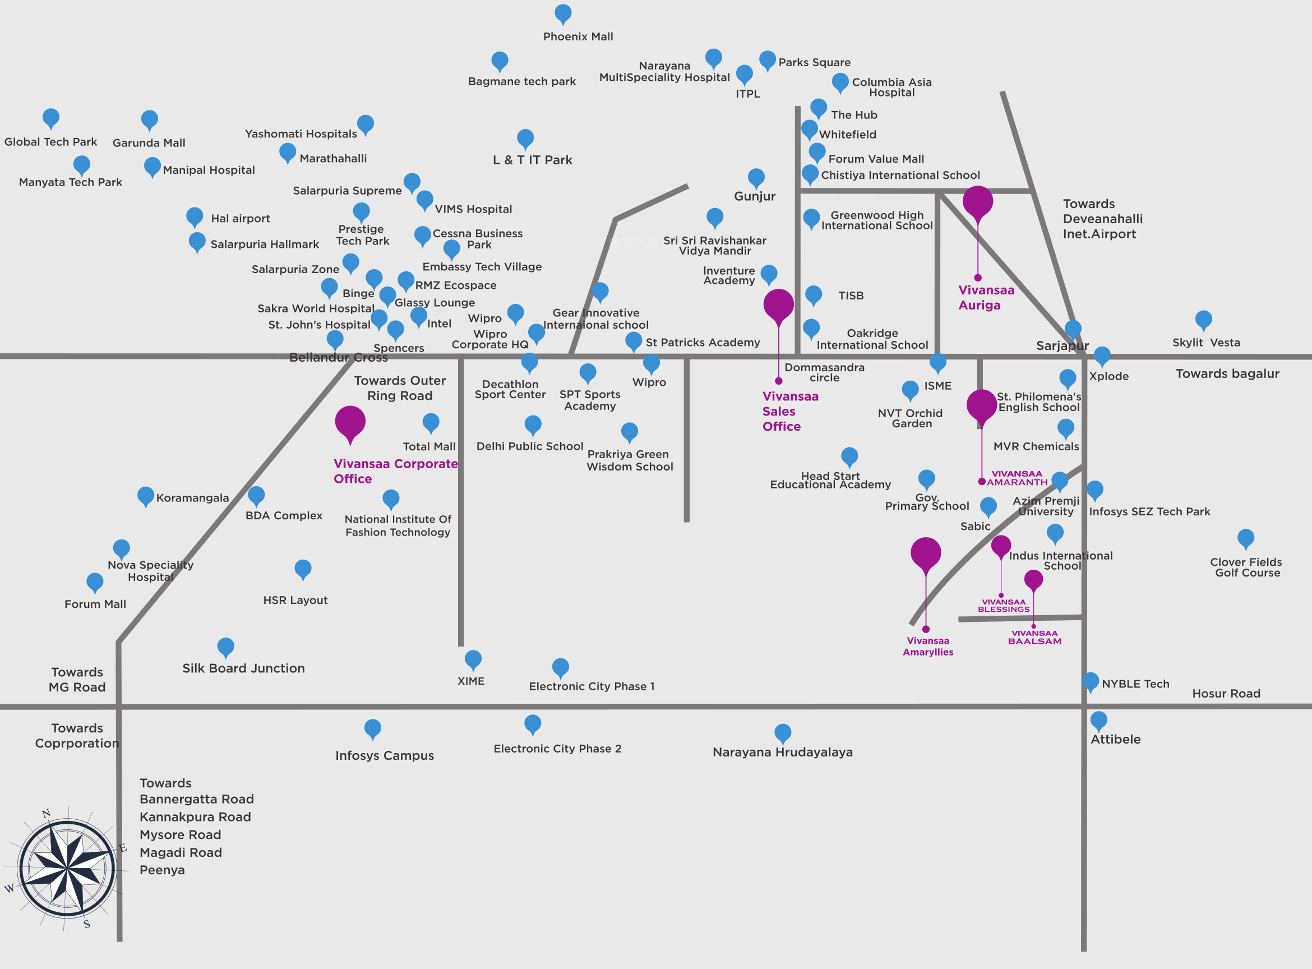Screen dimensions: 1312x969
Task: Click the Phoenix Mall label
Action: pos(578,36)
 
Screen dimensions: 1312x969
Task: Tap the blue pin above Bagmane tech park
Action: pos(500,61)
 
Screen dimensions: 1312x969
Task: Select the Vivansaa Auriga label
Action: pos(986,297)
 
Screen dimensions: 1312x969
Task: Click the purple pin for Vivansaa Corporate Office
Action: pos(350,423)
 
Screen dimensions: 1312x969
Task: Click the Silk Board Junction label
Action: pos(243,668)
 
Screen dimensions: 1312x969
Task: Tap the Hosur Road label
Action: pos(1226,693)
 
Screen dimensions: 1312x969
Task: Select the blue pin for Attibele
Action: pos(1098,720)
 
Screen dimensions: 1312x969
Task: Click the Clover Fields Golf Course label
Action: pos(1246,567)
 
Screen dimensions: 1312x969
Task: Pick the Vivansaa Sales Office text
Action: pos(790,411)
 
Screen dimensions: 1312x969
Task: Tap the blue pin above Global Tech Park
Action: pos(51,118)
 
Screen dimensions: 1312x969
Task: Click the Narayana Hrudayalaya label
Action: pos(782,752)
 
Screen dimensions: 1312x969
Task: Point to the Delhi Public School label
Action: pos(530,446)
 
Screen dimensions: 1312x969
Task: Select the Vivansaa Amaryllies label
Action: pos(928,647)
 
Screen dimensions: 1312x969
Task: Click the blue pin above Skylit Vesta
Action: pos(1203,320)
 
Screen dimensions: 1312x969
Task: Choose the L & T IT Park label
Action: pos(533,160)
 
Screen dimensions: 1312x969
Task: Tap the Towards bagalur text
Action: pos(1227,373)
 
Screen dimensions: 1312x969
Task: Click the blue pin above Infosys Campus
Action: pos(372,729)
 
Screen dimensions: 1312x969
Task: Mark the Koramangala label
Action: pos(192,498)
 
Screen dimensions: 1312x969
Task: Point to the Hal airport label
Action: pos(241,218)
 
